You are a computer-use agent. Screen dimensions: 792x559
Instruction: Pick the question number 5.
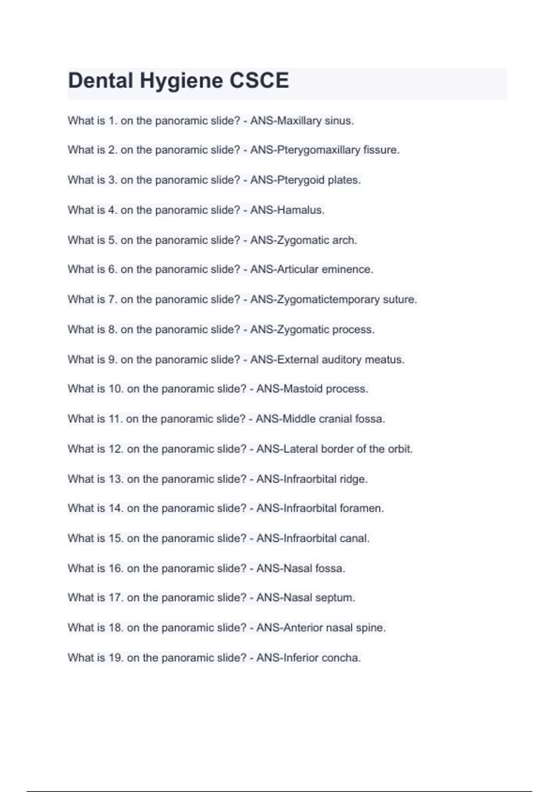[113, 240]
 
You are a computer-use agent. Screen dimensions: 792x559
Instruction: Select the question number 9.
[113, 360]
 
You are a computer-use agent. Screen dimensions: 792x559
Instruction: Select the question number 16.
[116, 568]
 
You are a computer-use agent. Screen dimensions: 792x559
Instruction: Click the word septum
[335, 598]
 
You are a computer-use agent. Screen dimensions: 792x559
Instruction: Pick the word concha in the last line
[344, 658]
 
